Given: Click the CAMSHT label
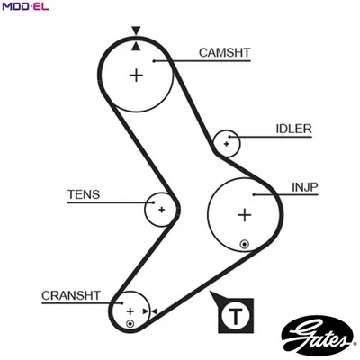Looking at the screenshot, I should click(x=224, y=53).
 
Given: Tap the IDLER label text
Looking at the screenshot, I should click(x=293, y=129).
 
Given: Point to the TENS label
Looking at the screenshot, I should click(x=84, y=193).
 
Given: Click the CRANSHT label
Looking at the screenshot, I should click(x=71, y=295).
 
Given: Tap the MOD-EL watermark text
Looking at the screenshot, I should click(x=23, y=7).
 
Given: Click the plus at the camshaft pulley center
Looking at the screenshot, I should click(x=136, y=75).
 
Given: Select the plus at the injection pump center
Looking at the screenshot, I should click(x=244, y=214).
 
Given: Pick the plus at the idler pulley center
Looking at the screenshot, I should click(x=227, y=142).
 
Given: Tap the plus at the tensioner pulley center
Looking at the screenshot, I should click(x=161, y=209).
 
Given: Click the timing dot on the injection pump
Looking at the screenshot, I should click(x=244, y=243).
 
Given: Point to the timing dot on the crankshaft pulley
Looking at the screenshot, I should click(x=130, y=322).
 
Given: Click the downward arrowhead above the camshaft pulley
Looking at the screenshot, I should click(x=136, y=31).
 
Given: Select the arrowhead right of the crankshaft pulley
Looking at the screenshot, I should click(x=154, y=311).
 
